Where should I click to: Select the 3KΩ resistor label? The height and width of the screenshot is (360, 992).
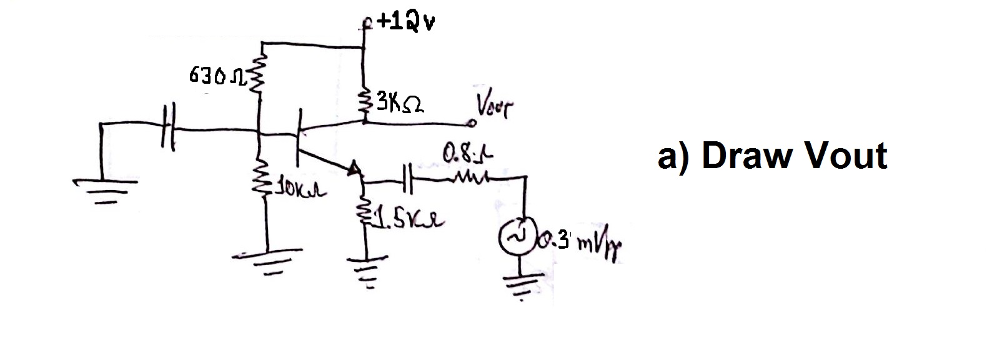(x=400, y=102)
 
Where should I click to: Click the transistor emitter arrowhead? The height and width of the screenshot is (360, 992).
(x=354, y=168)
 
